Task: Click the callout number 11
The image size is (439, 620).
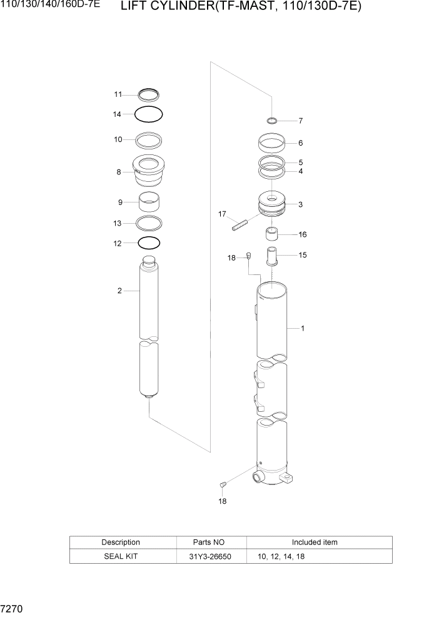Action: tap(117, 94)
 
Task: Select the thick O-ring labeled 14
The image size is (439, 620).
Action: tap(149, 114)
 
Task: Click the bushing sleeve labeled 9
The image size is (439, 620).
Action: tap(149, 202)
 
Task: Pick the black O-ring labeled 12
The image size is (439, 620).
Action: tap(149, 242)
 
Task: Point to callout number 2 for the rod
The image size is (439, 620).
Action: tap(119, 291)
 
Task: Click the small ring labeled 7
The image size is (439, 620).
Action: tap(272, 120)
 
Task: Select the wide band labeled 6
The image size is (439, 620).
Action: tap(272, 143)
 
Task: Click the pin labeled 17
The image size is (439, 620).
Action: tap(240, 223)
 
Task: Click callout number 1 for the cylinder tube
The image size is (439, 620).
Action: tap(303, 328)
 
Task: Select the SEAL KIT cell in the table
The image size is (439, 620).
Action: tap(121, 556)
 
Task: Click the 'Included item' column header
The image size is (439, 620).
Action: tap(315, 542)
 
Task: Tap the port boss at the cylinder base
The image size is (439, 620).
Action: tap(257, 478)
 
